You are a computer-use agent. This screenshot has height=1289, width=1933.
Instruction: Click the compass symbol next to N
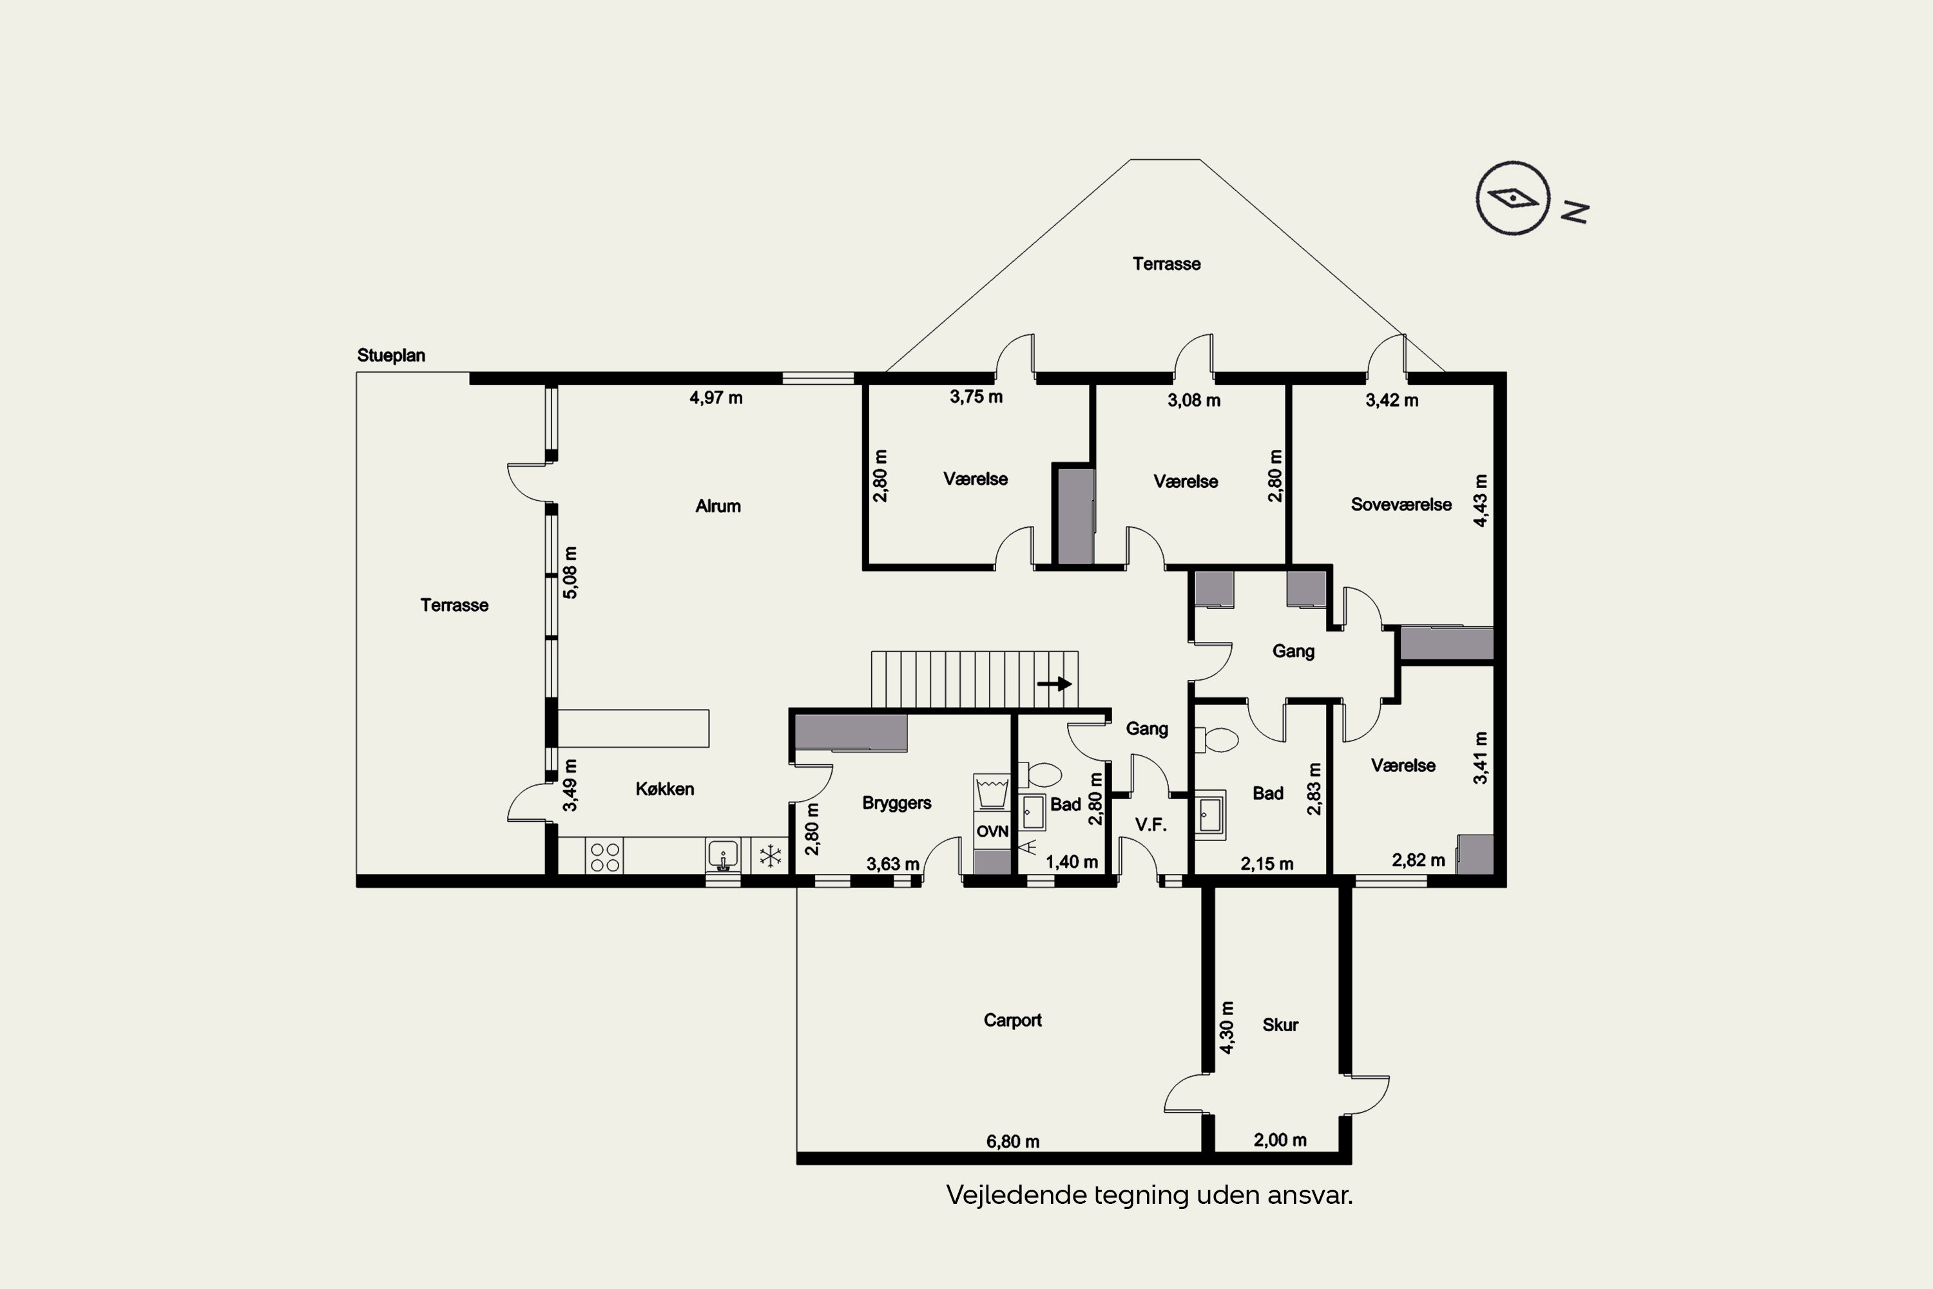tap(1513, 198)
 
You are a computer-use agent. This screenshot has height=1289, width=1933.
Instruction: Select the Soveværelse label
tap(1401, 505)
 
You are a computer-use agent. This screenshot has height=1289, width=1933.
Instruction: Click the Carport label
tap(1012, 1020)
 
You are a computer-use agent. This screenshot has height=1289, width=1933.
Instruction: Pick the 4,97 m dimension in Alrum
tap(716, 398)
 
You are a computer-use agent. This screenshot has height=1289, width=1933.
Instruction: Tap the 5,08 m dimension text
tap(570, 572)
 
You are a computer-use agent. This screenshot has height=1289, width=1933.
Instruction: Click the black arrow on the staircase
tap(1054, 684)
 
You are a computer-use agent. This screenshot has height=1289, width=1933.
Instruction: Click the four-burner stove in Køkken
tap(605, 857)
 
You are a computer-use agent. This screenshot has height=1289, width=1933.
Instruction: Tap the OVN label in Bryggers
tap(992, 832)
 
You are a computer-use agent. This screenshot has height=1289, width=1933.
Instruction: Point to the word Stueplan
tap(391, 356)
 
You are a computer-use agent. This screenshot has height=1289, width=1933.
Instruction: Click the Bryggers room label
tap(897, 803)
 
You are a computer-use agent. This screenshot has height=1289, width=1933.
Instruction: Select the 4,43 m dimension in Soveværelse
tap(1480, 501)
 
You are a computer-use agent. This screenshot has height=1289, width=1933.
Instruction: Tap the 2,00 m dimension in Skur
tap(1280, 1140)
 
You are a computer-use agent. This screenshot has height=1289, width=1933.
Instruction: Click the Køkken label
tap(665, 789)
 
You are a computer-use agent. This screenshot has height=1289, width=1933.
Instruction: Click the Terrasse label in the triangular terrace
tap(1166, 264)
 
